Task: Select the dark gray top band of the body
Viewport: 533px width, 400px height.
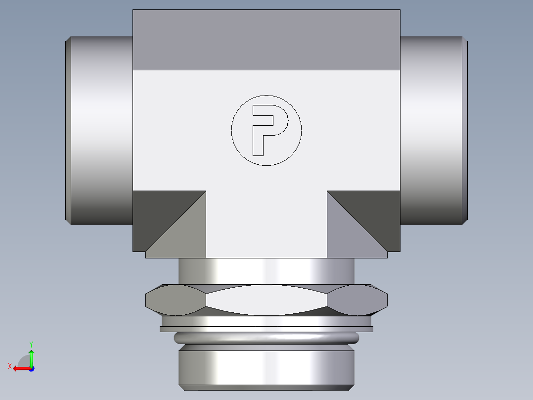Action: point(266,40)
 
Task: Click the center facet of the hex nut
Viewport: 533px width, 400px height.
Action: point(266,300)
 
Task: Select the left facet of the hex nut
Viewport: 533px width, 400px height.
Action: point(176,300)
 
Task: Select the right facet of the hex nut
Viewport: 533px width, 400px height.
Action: point(357,300)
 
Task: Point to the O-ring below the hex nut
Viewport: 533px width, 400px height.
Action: point(266,338)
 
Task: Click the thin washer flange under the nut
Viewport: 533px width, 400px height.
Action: point(266,329)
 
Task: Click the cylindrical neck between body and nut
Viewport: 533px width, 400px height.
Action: point(266,271)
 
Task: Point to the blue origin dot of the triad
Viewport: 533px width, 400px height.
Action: point(31,368)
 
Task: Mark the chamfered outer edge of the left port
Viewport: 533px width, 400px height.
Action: point(68,130)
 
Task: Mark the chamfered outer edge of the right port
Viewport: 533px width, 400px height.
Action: point(465,130)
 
